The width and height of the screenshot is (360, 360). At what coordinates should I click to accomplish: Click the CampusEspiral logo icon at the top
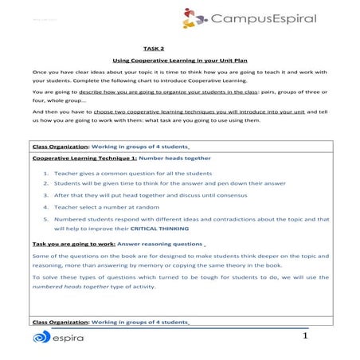click(x=193, y=18)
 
